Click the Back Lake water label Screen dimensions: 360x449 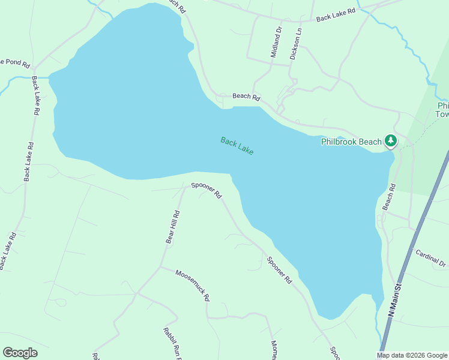tap(237, 146)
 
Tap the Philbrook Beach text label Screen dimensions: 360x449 tap(351, 142)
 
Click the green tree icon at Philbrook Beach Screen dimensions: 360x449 tap(391, 141)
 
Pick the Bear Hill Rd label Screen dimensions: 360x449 tap(173, 226)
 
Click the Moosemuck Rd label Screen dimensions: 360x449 tap(192, 285)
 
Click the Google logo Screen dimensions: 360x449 tap(20, 352)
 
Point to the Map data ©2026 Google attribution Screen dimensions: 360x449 tap(412, 355)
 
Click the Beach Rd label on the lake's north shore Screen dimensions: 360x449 tap(246, 97)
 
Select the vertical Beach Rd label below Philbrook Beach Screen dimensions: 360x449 tap(390, 196)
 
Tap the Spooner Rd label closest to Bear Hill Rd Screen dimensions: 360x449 tap(206, 190)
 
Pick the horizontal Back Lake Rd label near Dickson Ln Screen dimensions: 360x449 tap(336, 14)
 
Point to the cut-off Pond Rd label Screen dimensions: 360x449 tap(11, 61)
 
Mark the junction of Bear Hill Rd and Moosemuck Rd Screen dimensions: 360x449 tap(160, 266)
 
